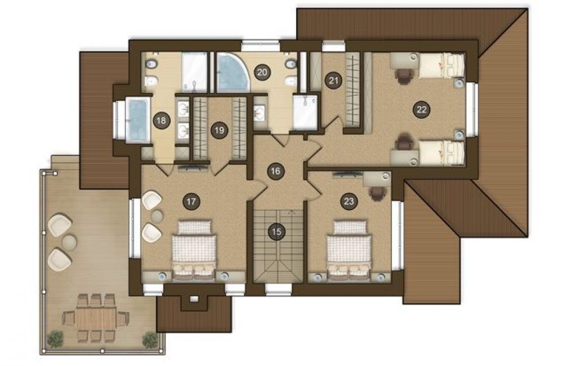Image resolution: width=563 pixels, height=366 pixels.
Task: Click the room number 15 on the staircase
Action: coord(276,231)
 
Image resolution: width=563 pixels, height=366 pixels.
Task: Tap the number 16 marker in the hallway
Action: coord(275,171)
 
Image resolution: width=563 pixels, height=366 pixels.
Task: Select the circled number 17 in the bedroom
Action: coord(191,202)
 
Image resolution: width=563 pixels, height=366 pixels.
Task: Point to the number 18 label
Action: coord(161,120)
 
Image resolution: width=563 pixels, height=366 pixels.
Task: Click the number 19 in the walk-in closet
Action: coord(219,130)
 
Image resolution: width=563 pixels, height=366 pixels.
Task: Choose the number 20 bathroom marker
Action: coord(262,72)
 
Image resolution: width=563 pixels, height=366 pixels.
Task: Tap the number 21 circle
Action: coord(333,80)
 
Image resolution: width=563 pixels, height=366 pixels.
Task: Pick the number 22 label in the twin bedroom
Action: coord(421,109)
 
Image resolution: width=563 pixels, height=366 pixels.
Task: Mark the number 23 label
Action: coord(348,201)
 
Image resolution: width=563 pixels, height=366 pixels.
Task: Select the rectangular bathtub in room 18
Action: coord(138,120)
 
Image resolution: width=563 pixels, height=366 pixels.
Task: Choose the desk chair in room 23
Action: coord(377,193)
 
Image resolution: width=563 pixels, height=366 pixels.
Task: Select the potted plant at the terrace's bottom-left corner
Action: coord(55,339)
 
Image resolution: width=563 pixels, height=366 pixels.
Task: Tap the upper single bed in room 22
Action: coord(441,65)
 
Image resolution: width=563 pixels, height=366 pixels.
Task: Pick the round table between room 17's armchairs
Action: coord(157,216)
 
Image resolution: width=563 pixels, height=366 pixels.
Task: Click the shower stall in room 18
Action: coord(195,72)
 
